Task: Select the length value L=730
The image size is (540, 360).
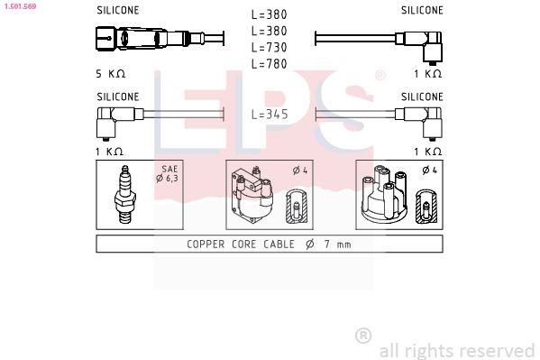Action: pos(270,47)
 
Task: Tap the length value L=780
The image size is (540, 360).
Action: pos(270,63)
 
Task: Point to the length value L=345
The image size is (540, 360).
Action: pos(270,115)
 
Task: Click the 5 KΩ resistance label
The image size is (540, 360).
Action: pos(110,72)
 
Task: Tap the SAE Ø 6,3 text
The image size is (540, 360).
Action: pos(169,174)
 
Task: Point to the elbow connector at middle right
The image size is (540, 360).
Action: pos(420,115)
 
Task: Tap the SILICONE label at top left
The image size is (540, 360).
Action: pos(117,11)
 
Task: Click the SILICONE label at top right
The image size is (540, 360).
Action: pos(422,11)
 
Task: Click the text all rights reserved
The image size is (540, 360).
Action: pos(456,349)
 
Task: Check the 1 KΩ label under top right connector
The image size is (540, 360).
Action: pos(427,72)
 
